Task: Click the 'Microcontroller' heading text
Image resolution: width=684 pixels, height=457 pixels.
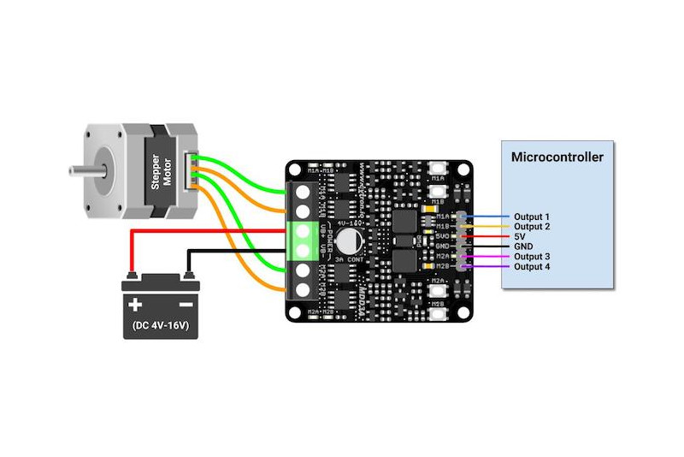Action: [557, 157]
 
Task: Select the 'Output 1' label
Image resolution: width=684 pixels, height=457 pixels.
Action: [531, 217]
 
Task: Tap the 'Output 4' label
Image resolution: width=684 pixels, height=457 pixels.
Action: [531, 267]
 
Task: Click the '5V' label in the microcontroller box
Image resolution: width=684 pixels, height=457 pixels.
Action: [521, 236]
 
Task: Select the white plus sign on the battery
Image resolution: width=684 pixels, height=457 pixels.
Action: [134, 305]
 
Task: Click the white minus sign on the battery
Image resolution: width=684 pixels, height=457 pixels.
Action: [185, 305]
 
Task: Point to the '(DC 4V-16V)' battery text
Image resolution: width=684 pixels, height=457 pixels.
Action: [160, 326]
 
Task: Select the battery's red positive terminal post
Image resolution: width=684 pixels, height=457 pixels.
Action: [133, 276]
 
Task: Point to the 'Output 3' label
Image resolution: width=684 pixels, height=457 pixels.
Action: [531, 257]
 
